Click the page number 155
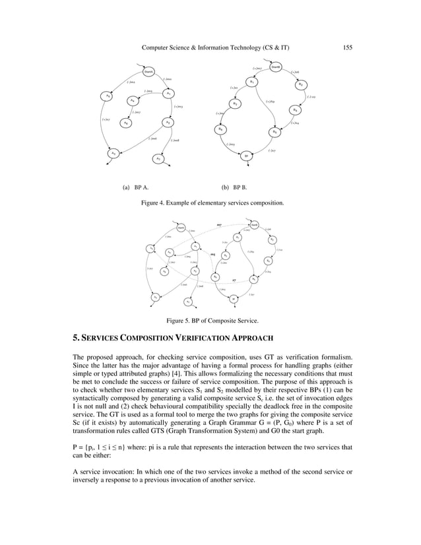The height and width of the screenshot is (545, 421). [347, 47]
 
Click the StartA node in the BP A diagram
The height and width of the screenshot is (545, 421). [149, 72]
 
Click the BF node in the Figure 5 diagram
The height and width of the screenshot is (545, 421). [234, 299]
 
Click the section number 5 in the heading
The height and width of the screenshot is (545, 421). [75, 339]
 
